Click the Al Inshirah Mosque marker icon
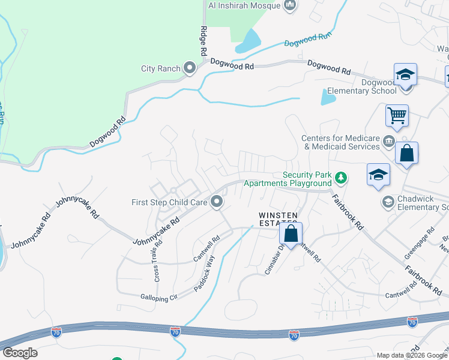pos(291,6)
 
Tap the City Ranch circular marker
pos(190,68)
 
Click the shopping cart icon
pos(397,115)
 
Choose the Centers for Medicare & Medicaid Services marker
pos(388,142)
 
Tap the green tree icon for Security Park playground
pos(341,178)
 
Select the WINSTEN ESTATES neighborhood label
pos(278,220)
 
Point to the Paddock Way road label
pos(204,274)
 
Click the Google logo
pos(20,353)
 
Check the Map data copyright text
pos(412,355)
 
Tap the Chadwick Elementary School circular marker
pos(388,203)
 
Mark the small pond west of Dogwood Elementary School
pos(328,97)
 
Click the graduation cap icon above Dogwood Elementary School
pos(405,74)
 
